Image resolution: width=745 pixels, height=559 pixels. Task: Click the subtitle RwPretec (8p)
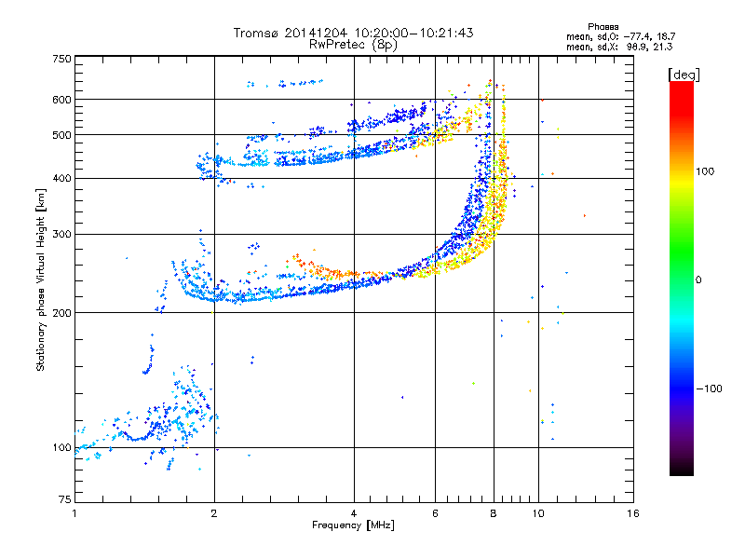pos(353,45)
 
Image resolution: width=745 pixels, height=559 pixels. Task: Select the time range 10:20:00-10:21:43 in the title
pos(413,33)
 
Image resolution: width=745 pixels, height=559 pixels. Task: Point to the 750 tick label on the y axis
pos(62,59)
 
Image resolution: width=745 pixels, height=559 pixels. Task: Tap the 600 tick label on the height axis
pos(62,100)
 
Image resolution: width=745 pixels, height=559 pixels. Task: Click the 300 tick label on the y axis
pos(62,235)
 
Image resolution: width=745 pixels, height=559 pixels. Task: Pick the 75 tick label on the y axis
pos(65,499)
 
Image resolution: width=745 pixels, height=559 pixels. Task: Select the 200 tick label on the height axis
pos(62,313)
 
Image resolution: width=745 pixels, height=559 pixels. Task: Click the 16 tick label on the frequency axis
pos(633,513)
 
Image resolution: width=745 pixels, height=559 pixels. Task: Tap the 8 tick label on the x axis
pos(494,513)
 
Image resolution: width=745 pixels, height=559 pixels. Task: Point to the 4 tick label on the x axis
pos(354,513)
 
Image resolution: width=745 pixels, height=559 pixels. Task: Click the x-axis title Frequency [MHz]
pos(353,525)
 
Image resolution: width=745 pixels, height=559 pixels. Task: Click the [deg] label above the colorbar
pos(684,75)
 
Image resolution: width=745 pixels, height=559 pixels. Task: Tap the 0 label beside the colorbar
pos(698,280)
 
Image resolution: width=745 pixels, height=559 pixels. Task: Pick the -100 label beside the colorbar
pos(710,389)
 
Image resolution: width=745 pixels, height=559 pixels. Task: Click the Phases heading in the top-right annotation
pos(603,27)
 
